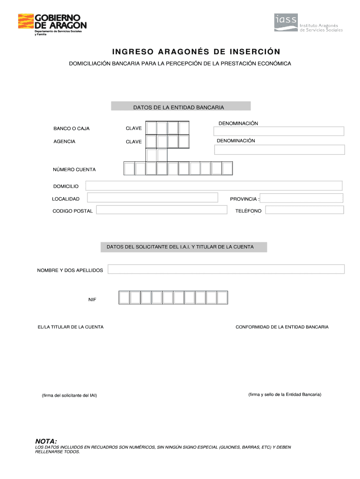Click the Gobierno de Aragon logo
(x=52, y=23)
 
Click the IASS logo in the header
(x=308, y=23)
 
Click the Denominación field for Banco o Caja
(x=279, y=131)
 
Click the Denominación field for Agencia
(x=279, y=149)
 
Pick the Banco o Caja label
(x=71, y=128)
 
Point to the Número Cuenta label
(x=74, y=169)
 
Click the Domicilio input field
(x=214, y=186)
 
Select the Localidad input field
(x=152, y=198)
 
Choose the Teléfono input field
(x=304, y=210)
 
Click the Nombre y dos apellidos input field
(x=226, y=269)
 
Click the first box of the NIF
(x=123, y=298)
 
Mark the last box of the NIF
(x=223, y=298)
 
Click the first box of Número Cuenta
(x=129, y=168)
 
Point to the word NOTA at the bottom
(x=46, y=441)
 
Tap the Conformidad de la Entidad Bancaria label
(x=282, y=327)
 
